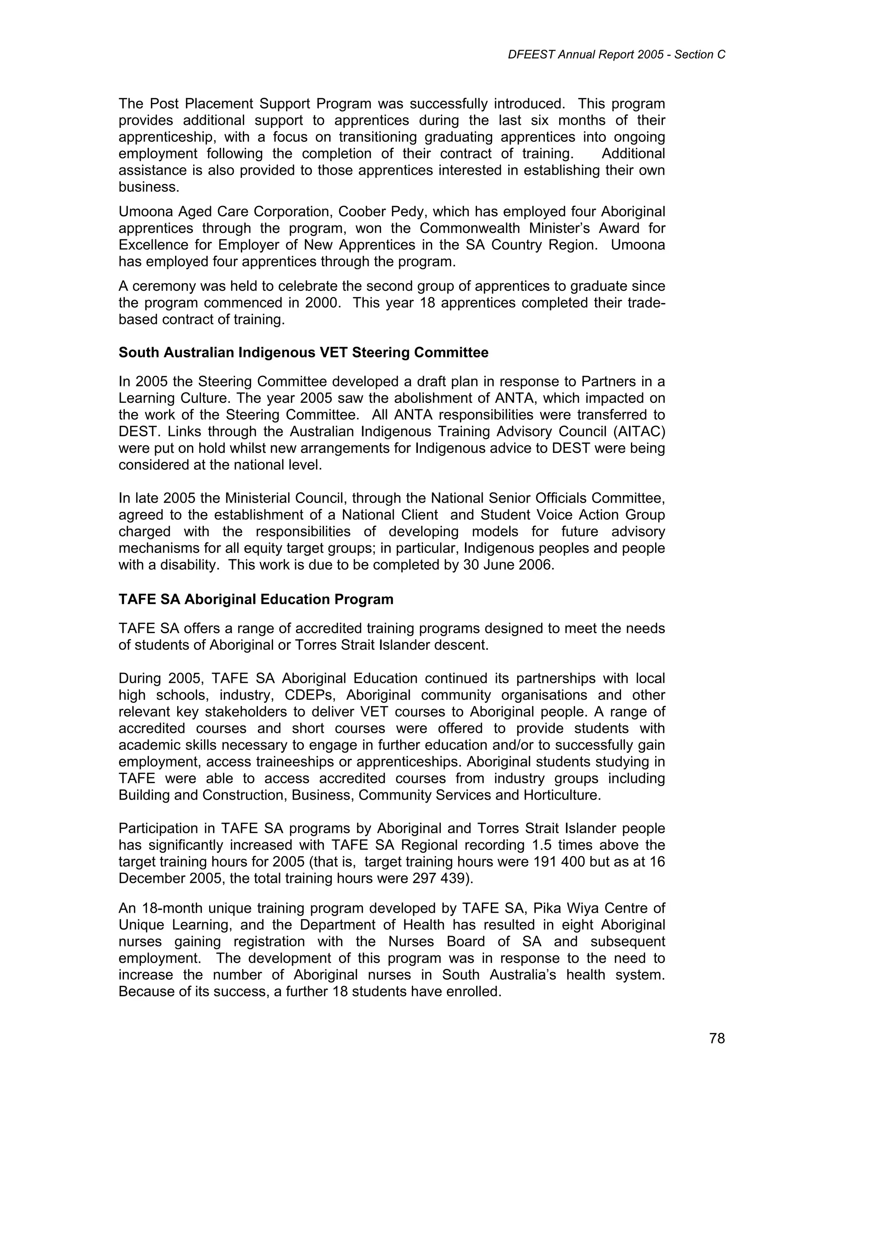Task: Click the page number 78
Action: pyautogui.click(x=716, y=1039)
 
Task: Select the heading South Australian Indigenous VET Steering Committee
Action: pyautogui.click(x=303, y=353)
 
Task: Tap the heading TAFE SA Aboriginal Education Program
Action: pyautogui.click(x=256, y=599)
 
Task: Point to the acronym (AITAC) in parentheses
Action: pyautogui.click(x=639, y=431)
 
